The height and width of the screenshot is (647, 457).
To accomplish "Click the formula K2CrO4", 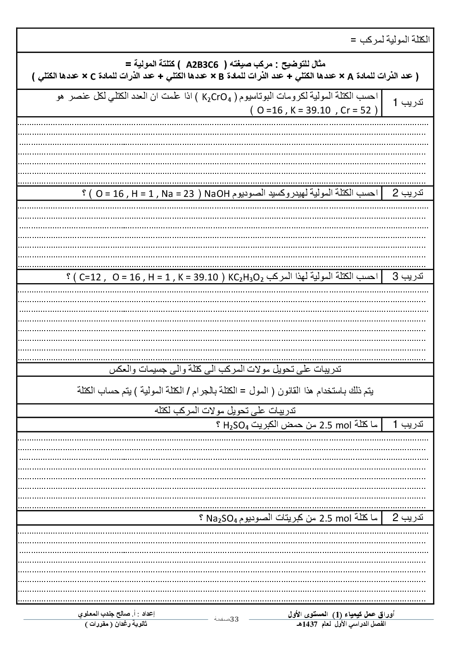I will pos(217,97).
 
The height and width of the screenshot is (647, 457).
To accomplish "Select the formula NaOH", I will pos(217,193).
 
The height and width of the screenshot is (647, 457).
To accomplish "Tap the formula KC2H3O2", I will pos(246,277).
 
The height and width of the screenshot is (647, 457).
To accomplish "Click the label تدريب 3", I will pos(408,277).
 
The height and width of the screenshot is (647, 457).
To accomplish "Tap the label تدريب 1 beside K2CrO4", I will pos(408,102).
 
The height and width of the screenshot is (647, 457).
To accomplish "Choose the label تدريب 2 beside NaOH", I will pos(408,193).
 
